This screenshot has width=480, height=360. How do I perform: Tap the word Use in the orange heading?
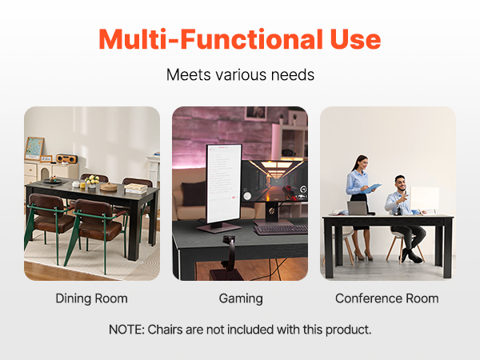[x=355, y=39]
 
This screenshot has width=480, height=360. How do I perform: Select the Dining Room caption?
[x=91, y=298]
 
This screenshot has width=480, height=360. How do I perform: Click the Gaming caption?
[x=241, y=298]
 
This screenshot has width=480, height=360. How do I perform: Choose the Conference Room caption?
[x=387, y=298]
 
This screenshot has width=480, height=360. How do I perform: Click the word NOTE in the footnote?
[x=126, y=330]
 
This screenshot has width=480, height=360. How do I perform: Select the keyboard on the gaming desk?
[x=281, y=230]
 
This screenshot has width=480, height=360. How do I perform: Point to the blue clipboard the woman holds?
[x=371, y=188]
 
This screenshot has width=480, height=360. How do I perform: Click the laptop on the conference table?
[x=358, y=208]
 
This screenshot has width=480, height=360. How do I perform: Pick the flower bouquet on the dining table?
[x=92, y=180]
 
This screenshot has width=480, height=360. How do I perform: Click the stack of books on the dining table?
[x=136, y=188]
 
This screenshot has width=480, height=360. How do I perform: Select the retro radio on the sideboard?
[x=67, y=158]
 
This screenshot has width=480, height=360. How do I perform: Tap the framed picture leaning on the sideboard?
[x=34, y=149]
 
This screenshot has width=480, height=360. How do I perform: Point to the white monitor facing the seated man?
[x=424, y=198]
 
